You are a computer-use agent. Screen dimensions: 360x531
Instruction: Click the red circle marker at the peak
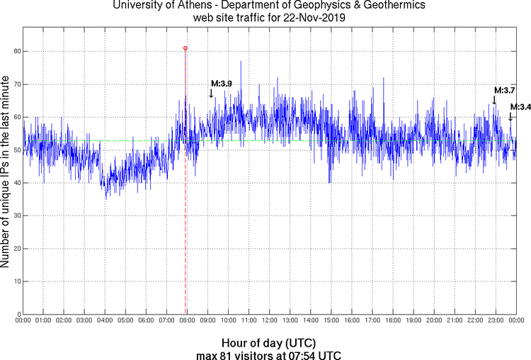[x=185, y=48]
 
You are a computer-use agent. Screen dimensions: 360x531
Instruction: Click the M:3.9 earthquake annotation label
[x=221, y=84]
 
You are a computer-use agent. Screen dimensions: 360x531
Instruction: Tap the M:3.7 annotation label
[x=504, y=91]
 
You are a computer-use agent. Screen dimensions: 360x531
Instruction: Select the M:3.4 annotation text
[x=520, y=107]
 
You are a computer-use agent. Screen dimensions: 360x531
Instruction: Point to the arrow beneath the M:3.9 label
[x=211, y=93]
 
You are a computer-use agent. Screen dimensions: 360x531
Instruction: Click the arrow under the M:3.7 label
[x=494, y=100]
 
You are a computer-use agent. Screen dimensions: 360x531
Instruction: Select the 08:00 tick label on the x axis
[x=187, y=321]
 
